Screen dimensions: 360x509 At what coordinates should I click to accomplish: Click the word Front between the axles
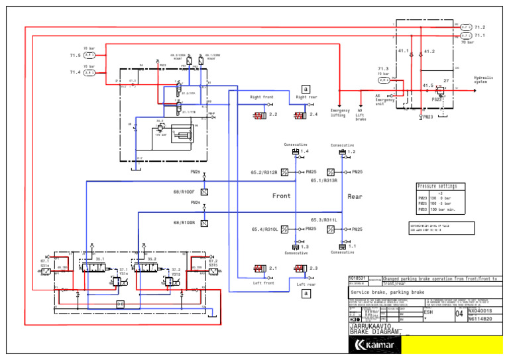pyautogui.click(x=282, y=196)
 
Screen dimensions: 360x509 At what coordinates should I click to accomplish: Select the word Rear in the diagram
pyautogui.click(x=355, y=196)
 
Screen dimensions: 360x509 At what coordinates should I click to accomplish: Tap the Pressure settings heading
pyautogui.click(x=437, y=186)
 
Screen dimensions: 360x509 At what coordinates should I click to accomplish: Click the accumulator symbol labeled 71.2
pyautogui.click(x=465, y=27)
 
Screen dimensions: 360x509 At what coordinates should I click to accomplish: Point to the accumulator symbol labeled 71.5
pyautogui.click(x=89, y=56)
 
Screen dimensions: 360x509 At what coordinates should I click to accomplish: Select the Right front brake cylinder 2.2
pyautogui.click(x=260, y=115)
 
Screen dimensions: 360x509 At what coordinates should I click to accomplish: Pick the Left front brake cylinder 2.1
pyautogui.click(x=260, y=269)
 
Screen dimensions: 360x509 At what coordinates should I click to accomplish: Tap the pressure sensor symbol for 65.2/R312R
pyautogui.click(x=284, y=172)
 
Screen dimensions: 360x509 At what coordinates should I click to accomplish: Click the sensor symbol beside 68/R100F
pyautogui.click(x=204, y=192)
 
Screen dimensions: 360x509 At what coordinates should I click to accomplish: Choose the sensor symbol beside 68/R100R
pyautogui.click(x=204, y=223)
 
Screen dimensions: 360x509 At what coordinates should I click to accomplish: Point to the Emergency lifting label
pyautogui.click(x=339, y=113)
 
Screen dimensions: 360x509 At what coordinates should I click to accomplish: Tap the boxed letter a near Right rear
pyautogui.click(x=305, y=89)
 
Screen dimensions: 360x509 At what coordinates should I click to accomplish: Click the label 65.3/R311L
pyautogui.click(x=324, y=219)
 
